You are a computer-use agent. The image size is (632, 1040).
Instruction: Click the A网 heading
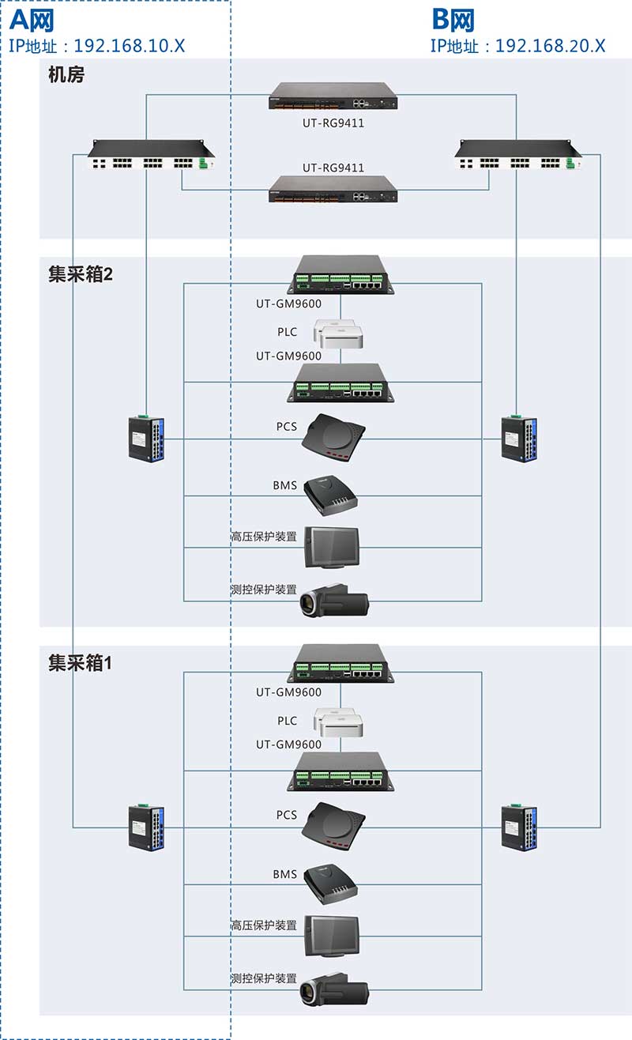(32, 19)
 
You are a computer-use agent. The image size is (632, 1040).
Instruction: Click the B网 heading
(453, 19)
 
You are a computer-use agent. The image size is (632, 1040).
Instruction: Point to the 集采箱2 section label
(80, 276)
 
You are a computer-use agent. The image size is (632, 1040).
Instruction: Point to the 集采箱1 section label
(80, 663)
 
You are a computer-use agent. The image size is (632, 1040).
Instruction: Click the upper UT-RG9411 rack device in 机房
(333, 96)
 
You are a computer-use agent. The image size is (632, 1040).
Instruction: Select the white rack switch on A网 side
(151, 155)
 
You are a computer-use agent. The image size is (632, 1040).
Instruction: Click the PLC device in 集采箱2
(338, 333)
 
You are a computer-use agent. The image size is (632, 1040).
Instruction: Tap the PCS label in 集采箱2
(286, 427)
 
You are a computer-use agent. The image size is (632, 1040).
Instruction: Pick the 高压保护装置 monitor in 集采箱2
(333, 547)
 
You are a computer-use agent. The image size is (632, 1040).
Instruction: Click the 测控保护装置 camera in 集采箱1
(333, 986)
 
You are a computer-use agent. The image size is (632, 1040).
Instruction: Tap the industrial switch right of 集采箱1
(519, 827)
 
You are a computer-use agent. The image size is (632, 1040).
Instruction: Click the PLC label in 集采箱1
(287, 721)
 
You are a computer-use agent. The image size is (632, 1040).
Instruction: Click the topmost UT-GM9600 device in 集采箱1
(340, 662)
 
